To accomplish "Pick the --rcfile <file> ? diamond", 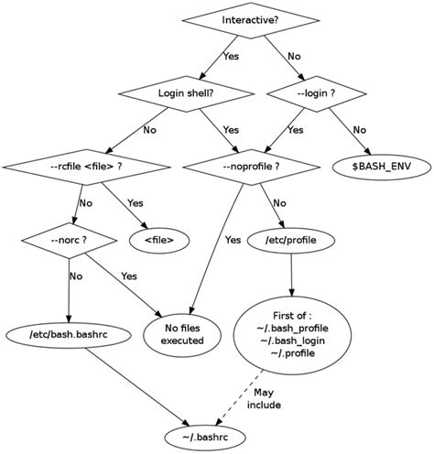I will click(x=87, y=167).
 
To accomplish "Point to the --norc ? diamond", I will click(x=70, y=240).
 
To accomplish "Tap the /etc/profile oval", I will click(x=291, y=240).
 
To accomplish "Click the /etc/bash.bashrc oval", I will click(x=70, y=334).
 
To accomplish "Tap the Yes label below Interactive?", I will click(x=231, y=56).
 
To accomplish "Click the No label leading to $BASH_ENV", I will click(x=359, y=129).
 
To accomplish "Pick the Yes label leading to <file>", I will click(x=135, y=203).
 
